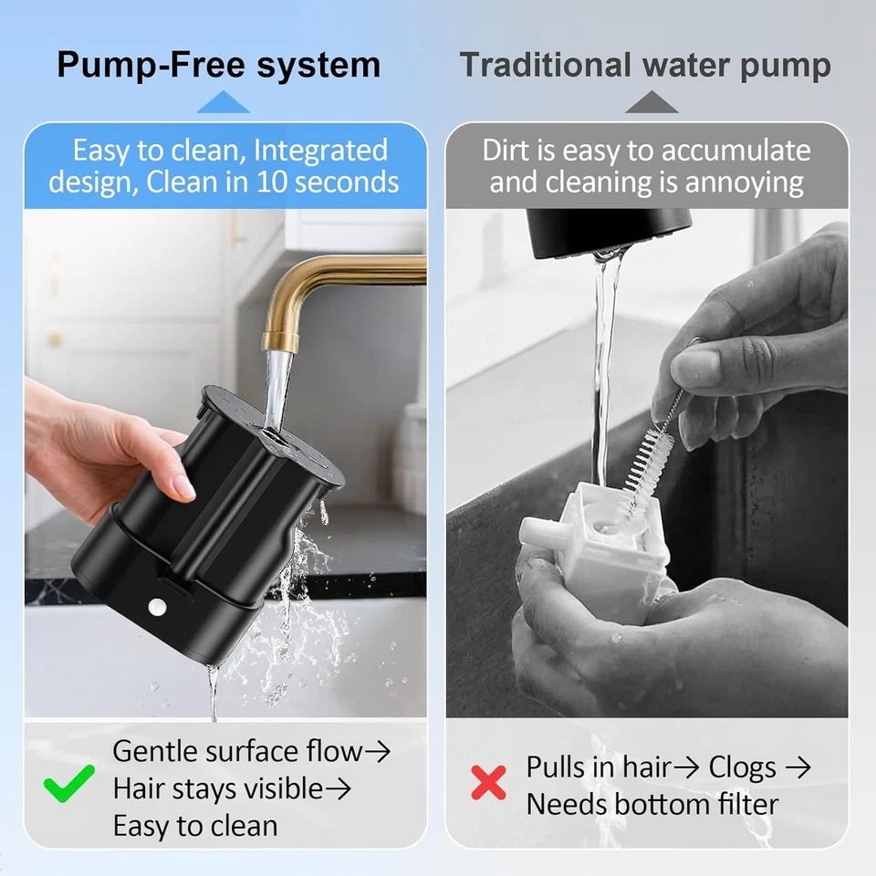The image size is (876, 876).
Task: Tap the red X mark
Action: (x=488, y=782)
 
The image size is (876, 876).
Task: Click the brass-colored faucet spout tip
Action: (x=280, y=341)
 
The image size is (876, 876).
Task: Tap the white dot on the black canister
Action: (x=156, y=606)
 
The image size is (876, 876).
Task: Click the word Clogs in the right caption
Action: (x=742, y=767)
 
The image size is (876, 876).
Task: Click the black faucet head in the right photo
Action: (x=608, y=231)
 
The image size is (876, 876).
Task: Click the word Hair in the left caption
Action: (x=141, y=787)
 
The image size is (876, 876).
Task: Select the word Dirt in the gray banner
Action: (x=507, y=150)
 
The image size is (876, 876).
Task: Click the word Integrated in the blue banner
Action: (x=320, y=150)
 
